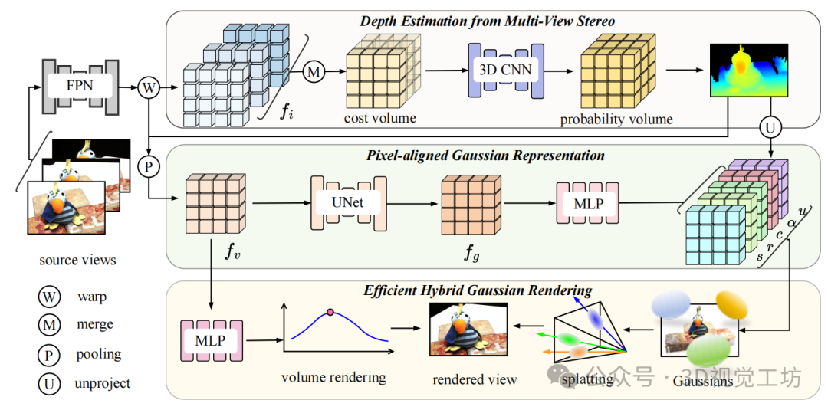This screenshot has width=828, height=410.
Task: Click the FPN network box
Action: coord(79,86)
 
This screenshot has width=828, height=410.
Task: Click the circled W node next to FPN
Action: coord(149,87)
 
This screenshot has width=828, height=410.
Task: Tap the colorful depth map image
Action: coord(748,70)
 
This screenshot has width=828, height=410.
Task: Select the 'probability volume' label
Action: coord(616,119)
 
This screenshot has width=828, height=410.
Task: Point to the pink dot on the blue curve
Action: coord(330,312)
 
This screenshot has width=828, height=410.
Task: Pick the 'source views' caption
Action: coord(78,260)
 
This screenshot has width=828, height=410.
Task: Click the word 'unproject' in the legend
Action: coord(103,383)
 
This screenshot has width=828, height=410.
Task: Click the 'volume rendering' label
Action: coord(333,377)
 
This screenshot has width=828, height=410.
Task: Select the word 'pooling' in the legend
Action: coord(99,354)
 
